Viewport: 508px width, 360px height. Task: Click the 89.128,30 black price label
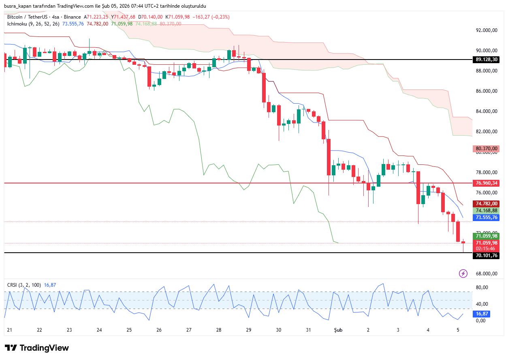point(486,60)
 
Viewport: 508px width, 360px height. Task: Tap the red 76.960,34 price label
point(486,183)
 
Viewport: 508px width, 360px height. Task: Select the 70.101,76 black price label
point(486,256)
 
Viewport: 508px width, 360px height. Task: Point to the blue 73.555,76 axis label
point(486,217)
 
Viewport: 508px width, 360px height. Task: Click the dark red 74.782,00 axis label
point(486,204)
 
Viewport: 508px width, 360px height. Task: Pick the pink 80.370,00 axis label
point(486,149)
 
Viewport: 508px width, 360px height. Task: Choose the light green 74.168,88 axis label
point(486,211)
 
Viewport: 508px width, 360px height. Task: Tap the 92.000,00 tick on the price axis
point(486,30)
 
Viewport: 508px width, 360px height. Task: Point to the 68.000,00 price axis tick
point(486,274)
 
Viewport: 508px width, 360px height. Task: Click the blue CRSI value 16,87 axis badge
point(482,314)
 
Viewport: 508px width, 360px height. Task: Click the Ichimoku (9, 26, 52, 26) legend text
point(33,24)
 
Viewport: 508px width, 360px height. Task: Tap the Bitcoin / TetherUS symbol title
point(27,17)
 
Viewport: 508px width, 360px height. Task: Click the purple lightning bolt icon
point(463,274)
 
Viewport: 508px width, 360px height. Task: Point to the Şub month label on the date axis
point(338,330)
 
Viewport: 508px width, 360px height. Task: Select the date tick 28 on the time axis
point(219,330)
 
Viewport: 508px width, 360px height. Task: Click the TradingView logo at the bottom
point(37,348)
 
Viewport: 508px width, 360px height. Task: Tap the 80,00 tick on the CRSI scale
point(481,288)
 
